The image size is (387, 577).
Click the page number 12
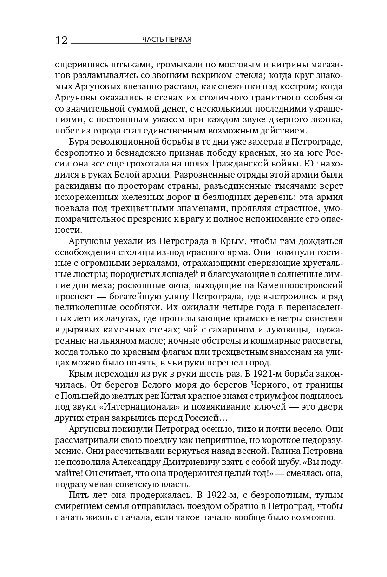click(61, 40)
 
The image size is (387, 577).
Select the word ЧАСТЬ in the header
click(152, 40)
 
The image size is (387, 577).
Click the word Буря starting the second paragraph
click(79, 141)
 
